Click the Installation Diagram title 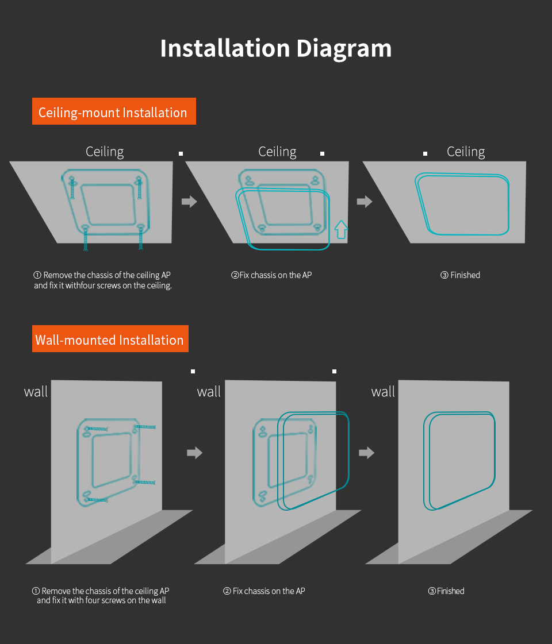pos(276,49)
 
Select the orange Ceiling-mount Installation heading pos(114,111)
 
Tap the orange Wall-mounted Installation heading pos(110,339)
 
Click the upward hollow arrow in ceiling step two pos(341,230)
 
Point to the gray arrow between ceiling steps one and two pos(190,201)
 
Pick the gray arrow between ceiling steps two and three pos(365,201)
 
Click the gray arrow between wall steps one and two pos(195,453)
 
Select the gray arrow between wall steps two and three pos(367,453)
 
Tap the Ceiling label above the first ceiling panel pos(105,152)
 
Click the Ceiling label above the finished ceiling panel pos(466,152)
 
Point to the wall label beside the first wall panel pos(36,391)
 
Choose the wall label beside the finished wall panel pos(383,391)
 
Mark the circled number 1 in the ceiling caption pos(37,275)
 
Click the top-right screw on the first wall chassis pos(145,427)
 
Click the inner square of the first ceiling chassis pos(109,205)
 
